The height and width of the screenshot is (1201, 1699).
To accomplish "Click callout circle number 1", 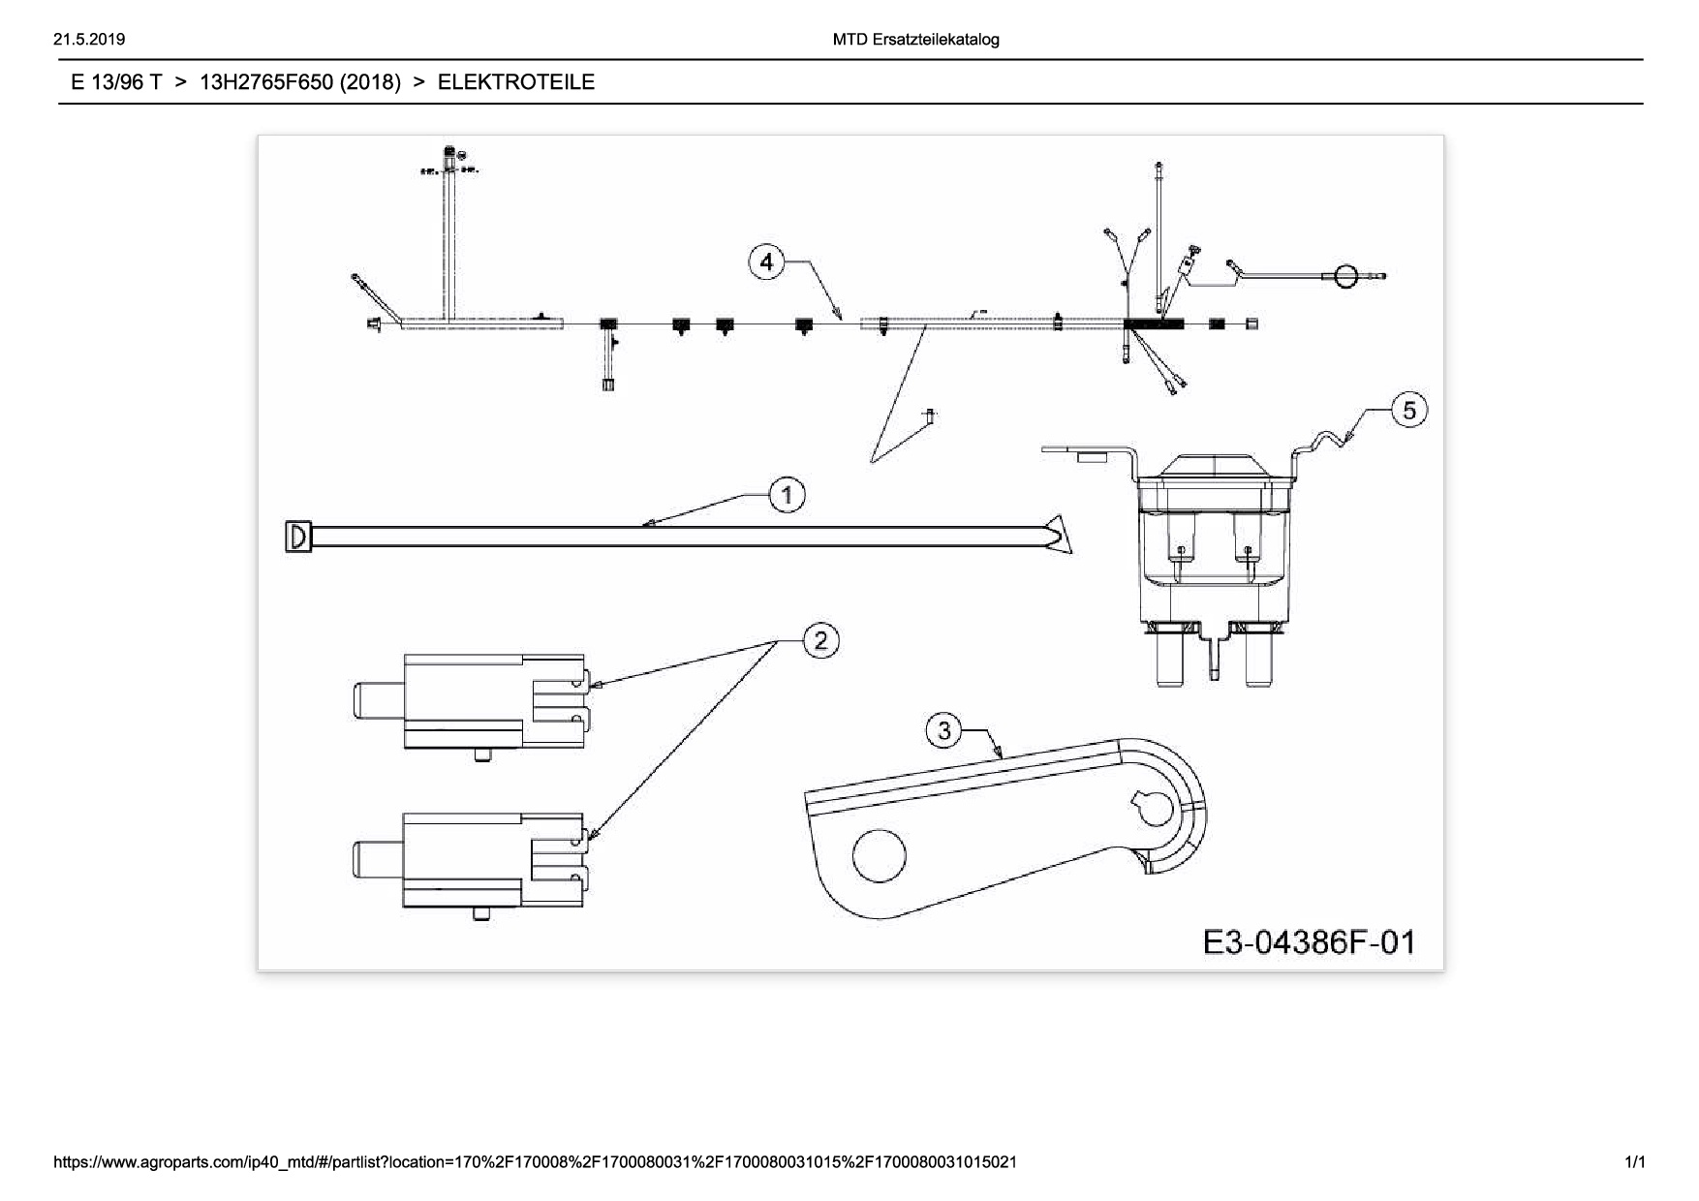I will (787, 496).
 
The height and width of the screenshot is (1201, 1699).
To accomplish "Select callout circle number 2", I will (821, 641).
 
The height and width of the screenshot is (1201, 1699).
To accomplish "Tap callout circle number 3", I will (944, 729).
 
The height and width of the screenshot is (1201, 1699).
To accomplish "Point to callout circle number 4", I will (766, 262).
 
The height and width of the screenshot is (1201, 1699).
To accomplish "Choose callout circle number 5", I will (1409, 411).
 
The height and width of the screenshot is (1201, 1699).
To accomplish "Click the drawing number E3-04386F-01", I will (1309, 941).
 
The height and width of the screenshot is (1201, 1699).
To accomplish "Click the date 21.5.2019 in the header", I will (89, 40).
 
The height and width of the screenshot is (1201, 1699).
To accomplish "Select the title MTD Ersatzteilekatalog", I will (915, 40).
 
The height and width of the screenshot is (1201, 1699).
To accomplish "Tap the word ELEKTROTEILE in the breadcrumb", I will (515, 82).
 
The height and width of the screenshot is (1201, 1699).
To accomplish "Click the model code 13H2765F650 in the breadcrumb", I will (299, 82).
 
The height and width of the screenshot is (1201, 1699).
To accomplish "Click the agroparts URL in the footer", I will (535, 1161).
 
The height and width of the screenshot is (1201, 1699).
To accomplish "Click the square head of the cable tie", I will (298, 537).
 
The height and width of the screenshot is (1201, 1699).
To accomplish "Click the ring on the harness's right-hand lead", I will (1344, 276).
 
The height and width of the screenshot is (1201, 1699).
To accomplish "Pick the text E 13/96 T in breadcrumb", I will (116, 82).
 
